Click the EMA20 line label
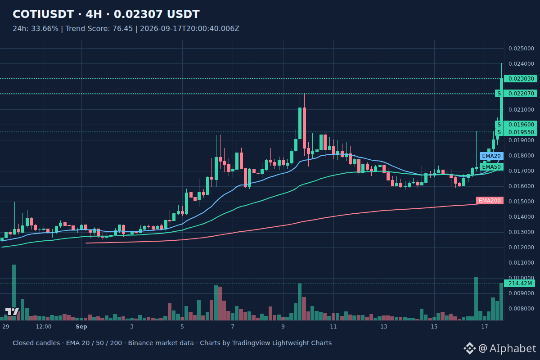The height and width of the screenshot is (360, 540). click(491, 156)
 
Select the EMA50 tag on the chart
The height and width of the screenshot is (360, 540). click(491, 167)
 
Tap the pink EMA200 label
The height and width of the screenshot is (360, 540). click(490, 201)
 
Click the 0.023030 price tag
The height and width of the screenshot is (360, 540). click(521, 79)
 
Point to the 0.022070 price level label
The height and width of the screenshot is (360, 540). click(521, 94)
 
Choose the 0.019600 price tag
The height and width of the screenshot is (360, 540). click(521, 124)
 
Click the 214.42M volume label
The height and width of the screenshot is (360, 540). click(520, 283)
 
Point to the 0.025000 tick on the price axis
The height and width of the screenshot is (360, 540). click(521, 49)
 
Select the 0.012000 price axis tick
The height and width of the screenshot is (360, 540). click(521, 247)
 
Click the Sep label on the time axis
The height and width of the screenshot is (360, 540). click(81, 327)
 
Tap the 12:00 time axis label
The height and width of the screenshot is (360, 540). click(44, 327)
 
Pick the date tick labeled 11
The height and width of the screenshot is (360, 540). click(333, 327)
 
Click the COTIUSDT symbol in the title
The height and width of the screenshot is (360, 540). click(43, 14)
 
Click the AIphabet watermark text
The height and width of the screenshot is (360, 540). click(513, 348)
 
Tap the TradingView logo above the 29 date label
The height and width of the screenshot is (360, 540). click(12, 311)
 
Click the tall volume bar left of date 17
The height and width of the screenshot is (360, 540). click(476, 299)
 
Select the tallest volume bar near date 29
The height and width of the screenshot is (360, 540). click(14, 292)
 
